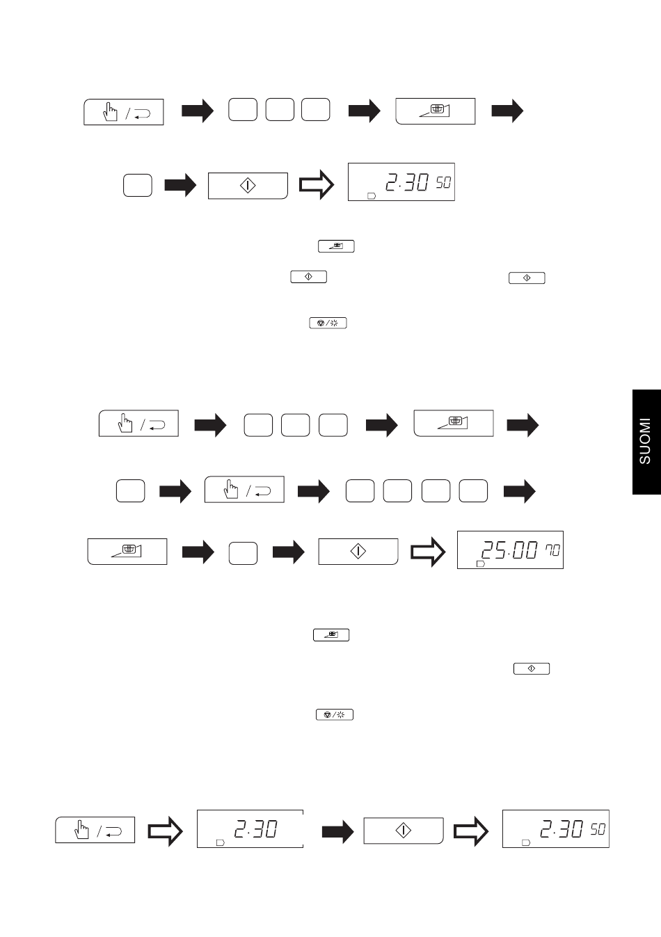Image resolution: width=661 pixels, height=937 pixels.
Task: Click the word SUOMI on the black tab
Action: (645, 441)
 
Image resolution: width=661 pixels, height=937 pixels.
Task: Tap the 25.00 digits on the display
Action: (509, 550)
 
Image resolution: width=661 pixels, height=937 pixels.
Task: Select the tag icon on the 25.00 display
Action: (481, 564)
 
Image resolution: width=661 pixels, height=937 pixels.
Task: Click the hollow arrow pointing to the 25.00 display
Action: (428, 552)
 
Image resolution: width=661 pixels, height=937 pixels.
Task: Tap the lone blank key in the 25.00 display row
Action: (243, 553)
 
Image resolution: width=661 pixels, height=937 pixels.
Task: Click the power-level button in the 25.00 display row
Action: (127, 552)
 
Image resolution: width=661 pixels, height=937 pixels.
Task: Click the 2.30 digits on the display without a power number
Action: (255, 828)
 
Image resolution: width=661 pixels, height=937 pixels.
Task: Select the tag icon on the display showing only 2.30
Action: (221, 842)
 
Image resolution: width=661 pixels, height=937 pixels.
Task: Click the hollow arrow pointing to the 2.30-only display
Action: (166, 831)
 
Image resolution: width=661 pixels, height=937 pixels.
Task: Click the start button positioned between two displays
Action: (404, 831)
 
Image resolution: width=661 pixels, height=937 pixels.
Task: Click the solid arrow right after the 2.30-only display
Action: (337, 831)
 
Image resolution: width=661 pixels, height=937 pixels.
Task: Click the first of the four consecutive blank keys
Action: (360, 490)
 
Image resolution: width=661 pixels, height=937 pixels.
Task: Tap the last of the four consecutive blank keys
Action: (473, 490)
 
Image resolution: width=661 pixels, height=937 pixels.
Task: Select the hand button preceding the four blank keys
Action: (244, 489)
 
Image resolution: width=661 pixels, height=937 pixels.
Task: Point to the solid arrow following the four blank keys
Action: (520, 491)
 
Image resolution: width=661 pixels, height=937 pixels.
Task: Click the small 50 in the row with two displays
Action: (598, 828)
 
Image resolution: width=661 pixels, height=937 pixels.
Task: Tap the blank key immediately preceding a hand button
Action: (131, 490)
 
